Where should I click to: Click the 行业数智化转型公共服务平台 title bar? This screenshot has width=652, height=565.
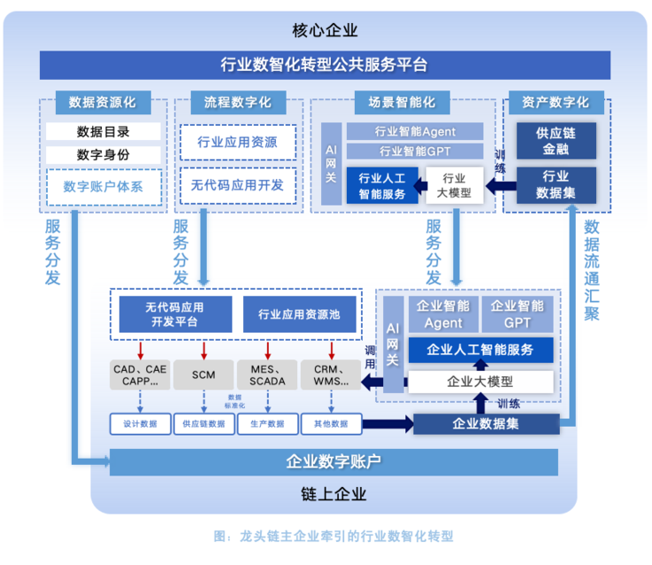pyautogui.click(x=325, y=65)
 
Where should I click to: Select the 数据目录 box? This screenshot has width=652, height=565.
pyautogui.click(x=104, y=132)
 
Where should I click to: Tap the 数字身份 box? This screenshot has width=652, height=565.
pyautogui.click(x=104, y=155)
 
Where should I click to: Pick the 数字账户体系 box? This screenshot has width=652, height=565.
pyautogui.click(x=104, y=187)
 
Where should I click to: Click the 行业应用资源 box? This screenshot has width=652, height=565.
pyautogui.click(x=237, y=142)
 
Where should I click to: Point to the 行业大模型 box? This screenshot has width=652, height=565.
pyautogui.click(x=455, y=185)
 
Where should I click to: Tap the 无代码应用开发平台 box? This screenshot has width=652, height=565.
pyautogui.click(x=174, y=313)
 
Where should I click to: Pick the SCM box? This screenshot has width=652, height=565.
pyautogui.click(x=204, y=375)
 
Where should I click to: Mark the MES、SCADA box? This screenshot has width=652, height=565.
pyautogui.click(x=267, y=375)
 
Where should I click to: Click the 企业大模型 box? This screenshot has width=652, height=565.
pyautogui.click(x=480, y=382)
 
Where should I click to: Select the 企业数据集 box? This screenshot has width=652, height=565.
pyautogui.click(x=486, y=423)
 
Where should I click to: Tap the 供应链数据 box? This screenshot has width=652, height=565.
pyautogui.click(x=204, y=423)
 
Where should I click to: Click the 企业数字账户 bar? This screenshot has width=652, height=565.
pyautogui.click(x=333, y=461)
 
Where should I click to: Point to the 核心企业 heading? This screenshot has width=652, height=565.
pyautogui.click(x=325, y=30)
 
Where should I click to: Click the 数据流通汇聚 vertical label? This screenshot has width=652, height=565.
pyautogui.click(x=592, y=269)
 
